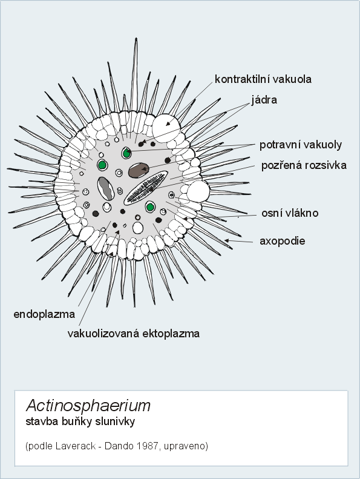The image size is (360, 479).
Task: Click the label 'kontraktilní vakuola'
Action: [263, 79]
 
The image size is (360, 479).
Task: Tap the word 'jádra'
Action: [264, 99]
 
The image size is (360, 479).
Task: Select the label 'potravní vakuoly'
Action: [301, 145]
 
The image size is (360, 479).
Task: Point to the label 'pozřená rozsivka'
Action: [304, 165]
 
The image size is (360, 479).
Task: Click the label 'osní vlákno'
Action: [290, 213]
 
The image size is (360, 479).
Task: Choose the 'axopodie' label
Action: [282, 241]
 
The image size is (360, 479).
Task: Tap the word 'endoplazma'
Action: [44, 314]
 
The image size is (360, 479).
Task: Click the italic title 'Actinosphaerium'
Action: [88, 406]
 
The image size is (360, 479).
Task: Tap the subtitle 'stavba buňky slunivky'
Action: [80, 421]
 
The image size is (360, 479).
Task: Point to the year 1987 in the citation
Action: [148, 446]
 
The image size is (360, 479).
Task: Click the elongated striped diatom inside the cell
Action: [146, 188]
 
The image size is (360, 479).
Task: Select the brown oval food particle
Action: [139, 170]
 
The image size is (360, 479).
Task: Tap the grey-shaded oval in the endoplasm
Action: [106, 188]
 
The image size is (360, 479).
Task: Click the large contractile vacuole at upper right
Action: [166, 125]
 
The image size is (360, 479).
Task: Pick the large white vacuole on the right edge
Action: [198, 191]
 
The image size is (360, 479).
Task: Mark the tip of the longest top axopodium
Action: [136, 39]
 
